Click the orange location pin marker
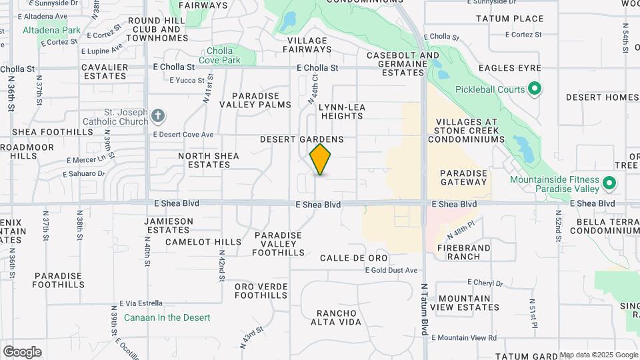point(320,159)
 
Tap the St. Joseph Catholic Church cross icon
point(158,117)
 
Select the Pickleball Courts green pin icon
point(534,89)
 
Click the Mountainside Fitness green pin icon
point(608,183)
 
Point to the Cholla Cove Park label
point(223,55)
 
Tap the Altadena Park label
point(51,30)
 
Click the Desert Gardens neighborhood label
point(301,139)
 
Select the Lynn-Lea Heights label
point(341,111)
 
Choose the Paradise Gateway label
point(464,177)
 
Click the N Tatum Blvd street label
point(423,313)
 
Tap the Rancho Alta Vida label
point(339,317)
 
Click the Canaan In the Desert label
point(167,318)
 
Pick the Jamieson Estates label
point(169,225)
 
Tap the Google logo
point(22,351)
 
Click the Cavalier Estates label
point(105,71)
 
